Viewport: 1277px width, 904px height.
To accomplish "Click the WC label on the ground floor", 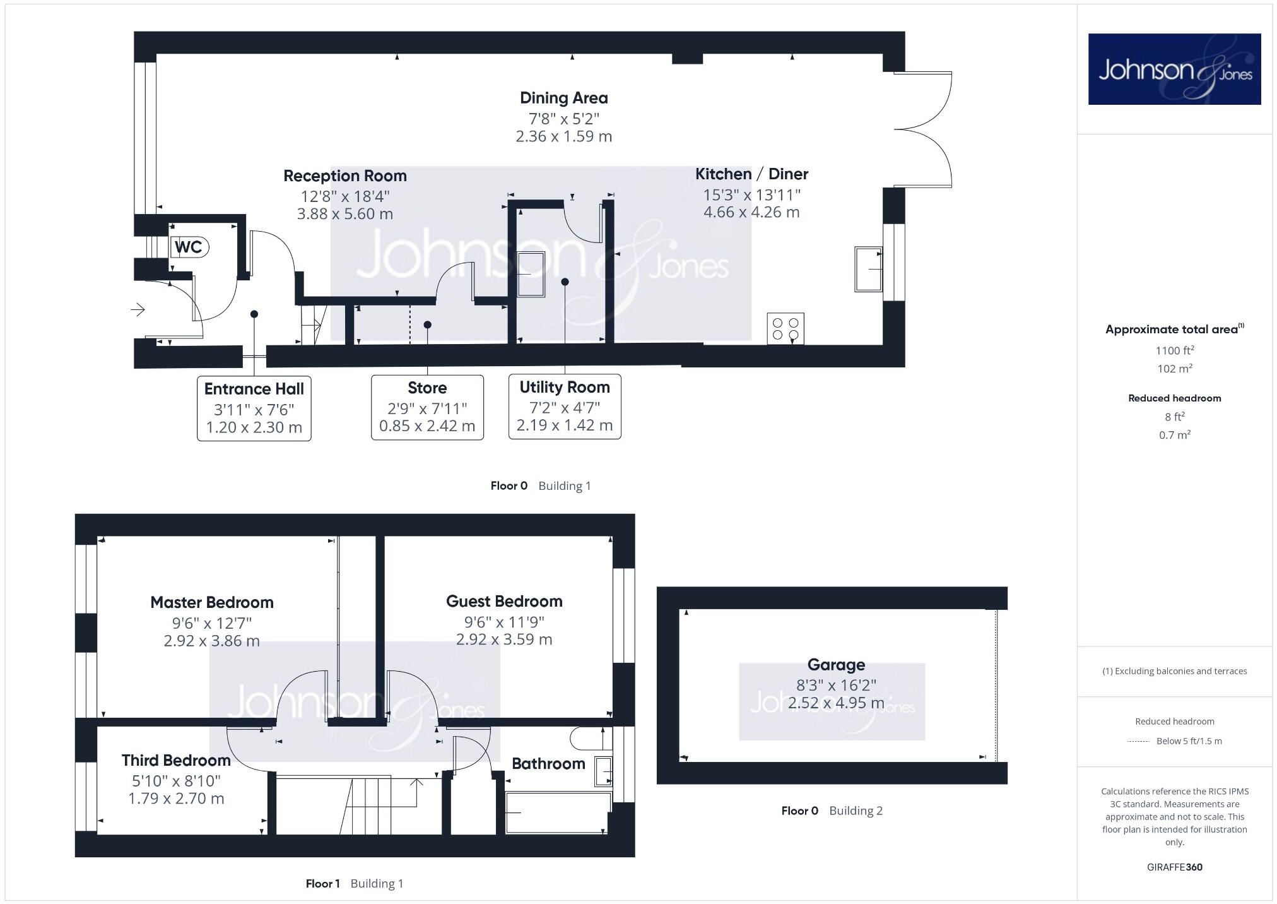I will point(189,247).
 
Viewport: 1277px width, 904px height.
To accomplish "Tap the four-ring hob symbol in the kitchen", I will point(786,328).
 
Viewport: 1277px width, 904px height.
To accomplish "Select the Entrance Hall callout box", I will point(254,408).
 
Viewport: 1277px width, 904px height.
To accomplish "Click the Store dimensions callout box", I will point(427,407).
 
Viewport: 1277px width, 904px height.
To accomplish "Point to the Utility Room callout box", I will point(565,407).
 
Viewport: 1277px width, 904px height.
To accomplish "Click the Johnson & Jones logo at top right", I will point(1174,69).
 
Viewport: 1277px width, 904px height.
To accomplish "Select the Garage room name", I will point(836,665).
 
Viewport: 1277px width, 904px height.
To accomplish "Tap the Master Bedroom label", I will point(212,602).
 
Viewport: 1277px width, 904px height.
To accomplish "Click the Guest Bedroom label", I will point(504,601).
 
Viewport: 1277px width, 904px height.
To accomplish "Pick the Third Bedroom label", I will point(176,760).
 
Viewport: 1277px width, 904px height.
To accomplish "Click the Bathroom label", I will point(548,764).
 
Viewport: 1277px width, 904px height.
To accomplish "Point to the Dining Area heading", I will point(564,98).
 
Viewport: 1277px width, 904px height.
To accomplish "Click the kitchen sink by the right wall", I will point(868,269).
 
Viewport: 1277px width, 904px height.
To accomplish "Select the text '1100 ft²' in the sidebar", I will point(1174,350).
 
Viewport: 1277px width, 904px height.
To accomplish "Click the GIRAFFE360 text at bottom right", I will point(1174,867).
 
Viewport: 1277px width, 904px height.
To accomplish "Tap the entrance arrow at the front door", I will point(138,309).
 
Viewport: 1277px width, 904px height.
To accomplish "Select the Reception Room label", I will point(345,175).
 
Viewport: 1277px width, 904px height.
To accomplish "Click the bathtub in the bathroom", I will point(558,812).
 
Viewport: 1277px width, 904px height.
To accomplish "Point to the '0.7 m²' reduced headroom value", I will point(1174,435).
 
